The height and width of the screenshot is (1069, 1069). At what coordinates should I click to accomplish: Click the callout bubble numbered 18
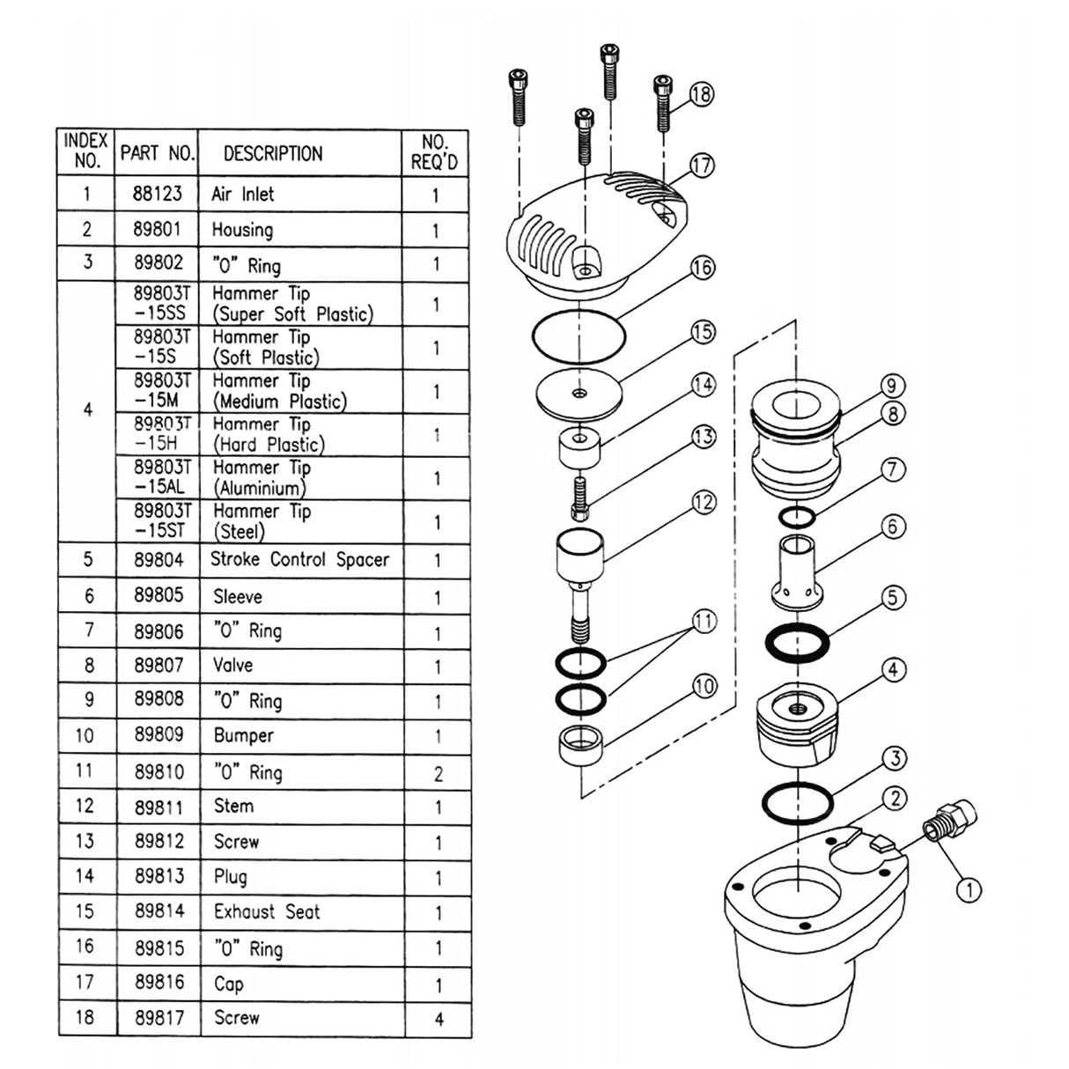tap(702, 94)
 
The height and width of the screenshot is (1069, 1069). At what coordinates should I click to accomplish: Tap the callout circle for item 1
tap(969, 890)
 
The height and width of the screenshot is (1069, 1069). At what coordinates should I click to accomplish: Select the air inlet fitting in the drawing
tap(947, 821)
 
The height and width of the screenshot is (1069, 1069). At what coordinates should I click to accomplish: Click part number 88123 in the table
tap(158, 194)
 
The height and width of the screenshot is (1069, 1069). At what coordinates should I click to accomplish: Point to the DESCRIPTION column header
tap(273, 153)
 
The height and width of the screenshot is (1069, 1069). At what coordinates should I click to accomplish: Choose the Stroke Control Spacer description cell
tap(299, 560)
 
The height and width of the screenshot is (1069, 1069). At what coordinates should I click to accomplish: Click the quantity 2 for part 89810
tap(438, 774)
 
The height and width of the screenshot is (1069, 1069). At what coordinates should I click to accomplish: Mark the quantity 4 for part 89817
tap(439, 1020)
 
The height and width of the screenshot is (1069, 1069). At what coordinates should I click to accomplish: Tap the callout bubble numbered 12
tap(704, 503)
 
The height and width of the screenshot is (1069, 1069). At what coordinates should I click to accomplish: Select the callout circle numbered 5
tap(893, 598)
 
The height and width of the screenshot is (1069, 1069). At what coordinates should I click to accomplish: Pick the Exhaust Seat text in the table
tap(267, 912)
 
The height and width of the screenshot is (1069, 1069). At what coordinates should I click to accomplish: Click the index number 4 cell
tap(87, 410)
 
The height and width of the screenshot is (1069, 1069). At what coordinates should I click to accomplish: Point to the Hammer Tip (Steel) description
tap(262, 521)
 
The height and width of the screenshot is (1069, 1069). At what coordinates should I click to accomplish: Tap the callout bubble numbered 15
tap(703, 332)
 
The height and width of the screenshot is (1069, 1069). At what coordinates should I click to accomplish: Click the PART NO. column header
tap(157, 153)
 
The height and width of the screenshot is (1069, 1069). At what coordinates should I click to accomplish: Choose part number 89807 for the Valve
tap(159, 666)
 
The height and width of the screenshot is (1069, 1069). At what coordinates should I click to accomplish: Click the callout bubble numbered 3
tap(894, 758)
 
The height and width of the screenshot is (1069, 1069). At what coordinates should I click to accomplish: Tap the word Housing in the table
tap(242, 231)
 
